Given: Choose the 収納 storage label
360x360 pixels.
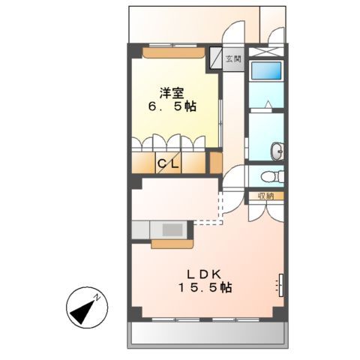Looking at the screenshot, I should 265,196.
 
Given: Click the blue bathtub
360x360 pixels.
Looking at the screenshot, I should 266,72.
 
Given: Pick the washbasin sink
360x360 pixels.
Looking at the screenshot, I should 278,151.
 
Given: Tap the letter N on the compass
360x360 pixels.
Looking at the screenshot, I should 97,298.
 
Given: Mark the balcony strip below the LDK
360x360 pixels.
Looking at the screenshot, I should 205,332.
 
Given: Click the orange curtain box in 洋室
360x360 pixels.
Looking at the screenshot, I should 172,53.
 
